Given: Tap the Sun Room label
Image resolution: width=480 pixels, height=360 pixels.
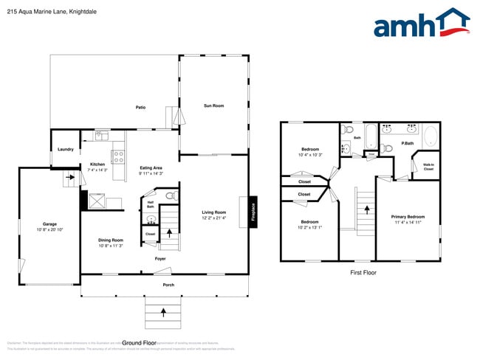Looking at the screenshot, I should click(213, 106).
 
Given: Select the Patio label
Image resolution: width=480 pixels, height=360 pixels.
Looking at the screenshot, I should click(140, 108).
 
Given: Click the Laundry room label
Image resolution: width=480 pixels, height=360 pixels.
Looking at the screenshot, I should click(65, 150).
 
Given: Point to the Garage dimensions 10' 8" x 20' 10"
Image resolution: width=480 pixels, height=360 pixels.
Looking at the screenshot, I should click(49, 230).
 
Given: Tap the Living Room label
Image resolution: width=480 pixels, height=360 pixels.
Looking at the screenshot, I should click(214, 212).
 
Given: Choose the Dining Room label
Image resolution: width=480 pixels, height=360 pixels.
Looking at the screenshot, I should click(111, 240).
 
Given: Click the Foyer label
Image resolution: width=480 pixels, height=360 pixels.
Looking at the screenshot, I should click(160, 259).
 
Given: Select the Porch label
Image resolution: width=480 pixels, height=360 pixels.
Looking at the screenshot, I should click(168, 284).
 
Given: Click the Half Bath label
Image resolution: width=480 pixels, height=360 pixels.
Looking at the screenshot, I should click(151, 204).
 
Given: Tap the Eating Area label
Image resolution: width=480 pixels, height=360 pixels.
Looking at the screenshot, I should click(151, 168).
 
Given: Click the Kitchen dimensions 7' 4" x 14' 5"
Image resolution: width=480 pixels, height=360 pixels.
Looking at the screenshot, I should click(97, 170).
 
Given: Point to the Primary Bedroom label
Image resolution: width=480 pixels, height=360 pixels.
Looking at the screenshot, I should click(408, 217).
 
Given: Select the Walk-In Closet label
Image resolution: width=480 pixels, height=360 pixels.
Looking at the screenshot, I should click(428, 167).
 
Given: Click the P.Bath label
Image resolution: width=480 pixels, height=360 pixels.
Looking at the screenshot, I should click(406, 143).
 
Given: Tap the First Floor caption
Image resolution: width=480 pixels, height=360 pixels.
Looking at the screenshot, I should click(363, 273).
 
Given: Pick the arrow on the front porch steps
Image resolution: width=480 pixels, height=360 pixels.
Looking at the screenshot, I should click(162, 314).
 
